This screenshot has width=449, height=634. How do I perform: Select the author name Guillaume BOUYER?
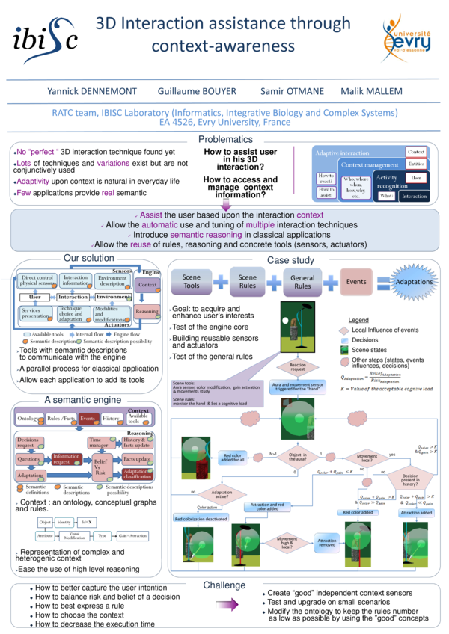[197, 91]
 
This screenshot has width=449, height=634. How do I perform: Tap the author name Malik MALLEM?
[371, 91]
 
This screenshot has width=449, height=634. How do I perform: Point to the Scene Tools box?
[191, 281]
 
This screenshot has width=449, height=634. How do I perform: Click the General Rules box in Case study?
[302, 281]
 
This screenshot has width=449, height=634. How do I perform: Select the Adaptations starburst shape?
[413, 282]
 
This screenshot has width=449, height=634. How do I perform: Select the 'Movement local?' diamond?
[366, 457]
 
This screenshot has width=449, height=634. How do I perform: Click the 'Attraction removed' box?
[326, 541]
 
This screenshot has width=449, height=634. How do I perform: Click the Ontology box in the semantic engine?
[29, 418]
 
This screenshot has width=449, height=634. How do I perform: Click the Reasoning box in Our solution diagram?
[147, 311]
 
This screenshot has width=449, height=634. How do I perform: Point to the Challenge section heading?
[224, 585]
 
